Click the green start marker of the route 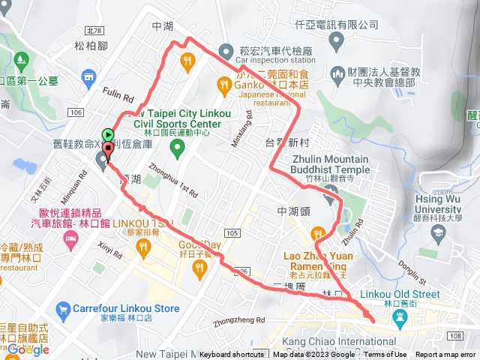108,134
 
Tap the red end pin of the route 108,150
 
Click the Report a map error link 445,355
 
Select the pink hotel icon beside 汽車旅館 71,239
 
